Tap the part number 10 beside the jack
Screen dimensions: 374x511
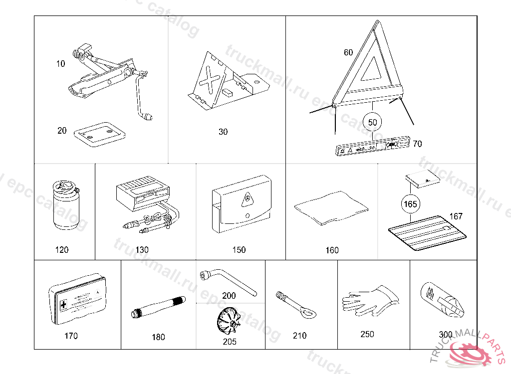tap(60, 64)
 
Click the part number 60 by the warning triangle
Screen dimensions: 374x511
tap(348, 52)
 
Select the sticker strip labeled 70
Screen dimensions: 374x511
tap(372, 148)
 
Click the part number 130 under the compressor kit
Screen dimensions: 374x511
tap(142, 250)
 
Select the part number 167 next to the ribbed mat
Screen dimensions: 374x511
tap(456, 216)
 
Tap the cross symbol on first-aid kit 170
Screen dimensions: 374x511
tap(63, 304)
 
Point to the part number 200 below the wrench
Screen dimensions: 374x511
tap(229, 296)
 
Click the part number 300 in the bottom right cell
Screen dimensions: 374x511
tap(446, 335)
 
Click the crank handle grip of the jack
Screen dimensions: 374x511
tap(148, 118)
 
